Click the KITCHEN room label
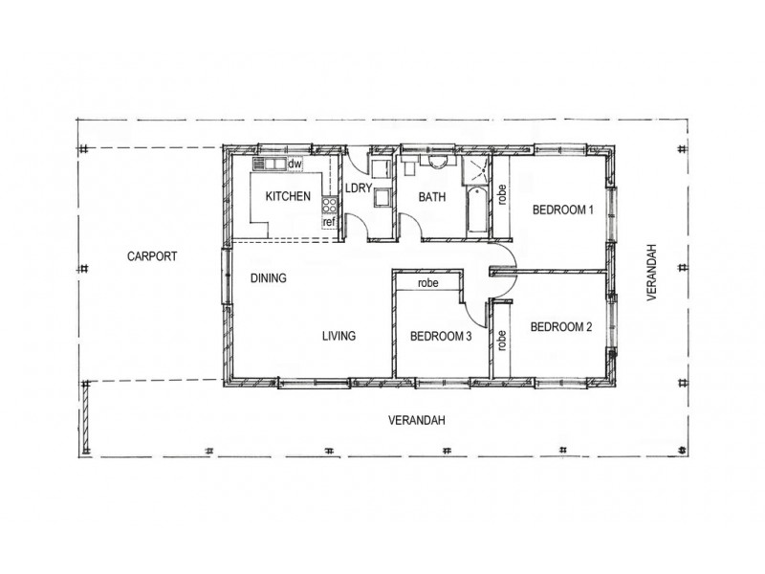tap(288, 197)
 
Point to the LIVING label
tap(339, 336)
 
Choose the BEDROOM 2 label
tap(561, 327)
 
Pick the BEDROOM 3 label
tap(441, 336)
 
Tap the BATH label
tap(433, 198)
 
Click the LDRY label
tap(358, 188)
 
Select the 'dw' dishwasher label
tap(295, 165)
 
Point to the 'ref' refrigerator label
tap(329, 223)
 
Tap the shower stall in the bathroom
tap(475, 171)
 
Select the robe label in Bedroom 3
tap(427, 283)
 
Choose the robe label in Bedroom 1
tap(500, 197)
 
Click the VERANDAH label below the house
tap(417, 421)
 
